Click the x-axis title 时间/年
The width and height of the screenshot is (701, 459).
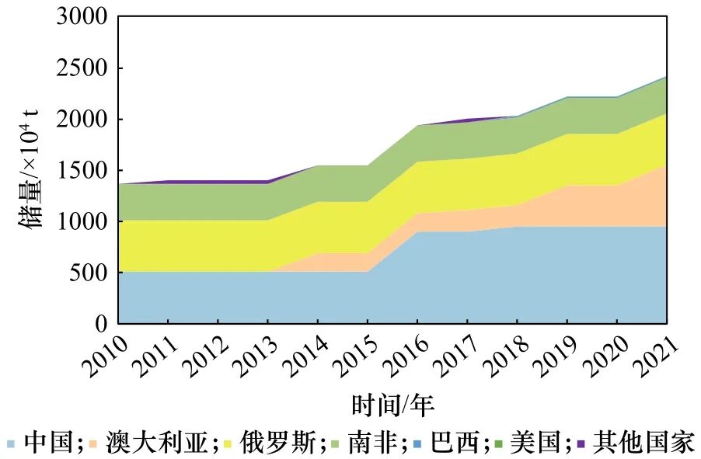tap(392, 405)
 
